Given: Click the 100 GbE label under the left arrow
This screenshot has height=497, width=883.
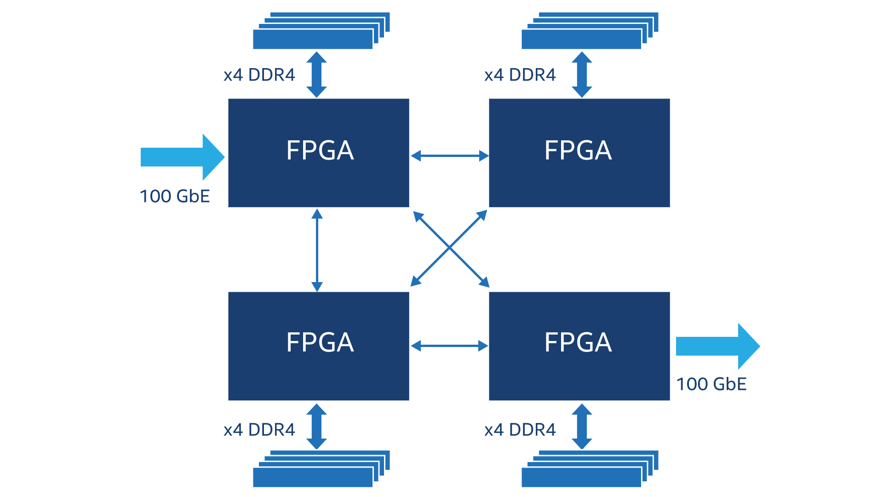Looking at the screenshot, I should click(175, 196).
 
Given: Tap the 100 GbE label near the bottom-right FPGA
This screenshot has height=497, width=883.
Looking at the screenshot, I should click(711, 384).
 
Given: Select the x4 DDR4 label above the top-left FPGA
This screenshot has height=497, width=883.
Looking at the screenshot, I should click(259, 75).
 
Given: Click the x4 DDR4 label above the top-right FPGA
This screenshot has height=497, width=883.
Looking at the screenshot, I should click(520, 75).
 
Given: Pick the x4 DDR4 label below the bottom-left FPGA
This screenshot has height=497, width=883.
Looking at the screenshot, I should click(259, 430).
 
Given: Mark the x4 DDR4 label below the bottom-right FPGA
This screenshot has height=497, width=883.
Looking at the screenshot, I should click(520, 430).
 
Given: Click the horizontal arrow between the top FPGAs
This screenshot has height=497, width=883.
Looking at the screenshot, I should click(449, 156).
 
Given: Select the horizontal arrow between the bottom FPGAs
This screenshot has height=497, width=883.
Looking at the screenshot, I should click(449, 346).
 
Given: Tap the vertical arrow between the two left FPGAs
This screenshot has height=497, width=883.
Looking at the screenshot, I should click(317, 250).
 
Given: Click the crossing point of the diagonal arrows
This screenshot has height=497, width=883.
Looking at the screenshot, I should click(449, 248).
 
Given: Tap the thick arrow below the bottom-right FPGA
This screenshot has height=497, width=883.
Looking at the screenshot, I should click(582, 426).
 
